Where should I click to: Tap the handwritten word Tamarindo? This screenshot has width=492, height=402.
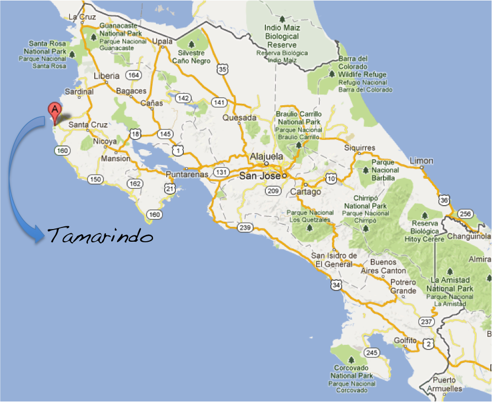100,235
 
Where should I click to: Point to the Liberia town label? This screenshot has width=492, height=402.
106,76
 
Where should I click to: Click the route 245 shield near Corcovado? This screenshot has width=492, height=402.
372,352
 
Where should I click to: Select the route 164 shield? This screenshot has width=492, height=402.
133,75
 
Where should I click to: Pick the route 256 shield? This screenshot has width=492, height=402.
466,213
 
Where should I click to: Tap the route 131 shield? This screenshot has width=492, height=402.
221,172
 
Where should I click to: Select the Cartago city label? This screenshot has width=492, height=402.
305,191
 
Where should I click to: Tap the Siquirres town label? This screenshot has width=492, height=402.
359,148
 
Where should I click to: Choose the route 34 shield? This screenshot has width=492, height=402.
335,285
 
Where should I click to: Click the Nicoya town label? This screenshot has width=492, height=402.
105,141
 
